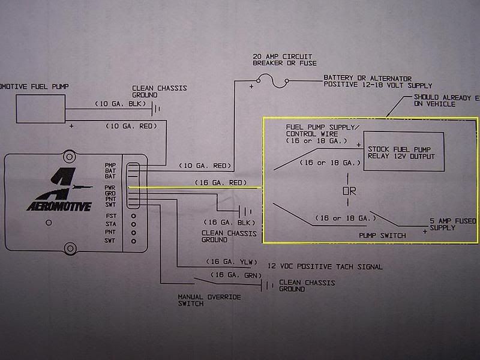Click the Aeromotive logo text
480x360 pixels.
[x=58, y=207]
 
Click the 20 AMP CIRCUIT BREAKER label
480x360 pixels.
[x=284, y=59]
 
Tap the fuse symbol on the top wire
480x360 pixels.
[x=272, y=79]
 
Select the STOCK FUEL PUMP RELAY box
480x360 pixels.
[x=403, y=152]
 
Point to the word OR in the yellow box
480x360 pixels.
[x=349, y=191]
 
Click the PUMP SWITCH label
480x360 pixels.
[x=382, y=236]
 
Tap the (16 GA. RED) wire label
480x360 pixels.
[x=221, y=182]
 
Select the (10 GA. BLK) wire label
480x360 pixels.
[x=122, y=104]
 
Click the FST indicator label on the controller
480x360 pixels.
[x=110, y=215]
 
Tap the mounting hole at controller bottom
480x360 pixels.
[x=71, y=247]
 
